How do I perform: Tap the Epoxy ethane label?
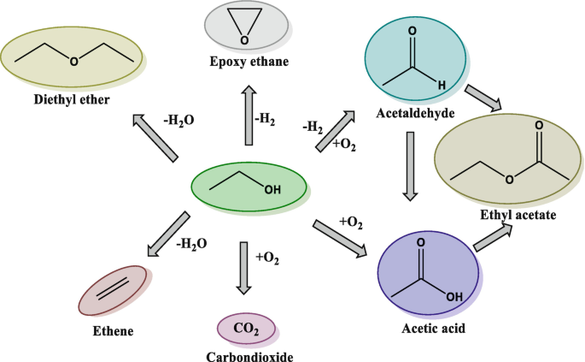tap(249, 61)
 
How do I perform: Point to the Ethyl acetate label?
tap(520, 216)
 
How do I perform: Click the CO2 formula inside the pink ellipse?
tap(248, 328)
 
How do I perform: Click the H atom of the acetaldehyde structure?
tap(441, 85)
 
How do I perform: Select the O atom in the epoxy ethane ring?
tap(244, 38)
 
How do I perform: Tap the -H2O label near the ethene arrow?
tap(190, 244)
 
